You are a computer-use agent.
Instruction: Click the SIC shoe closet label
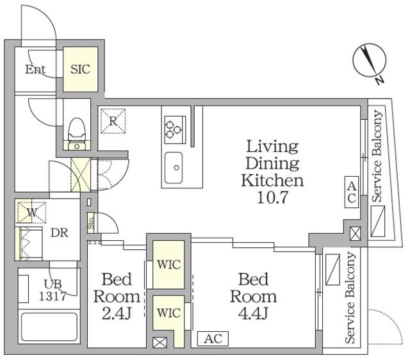(80, 69)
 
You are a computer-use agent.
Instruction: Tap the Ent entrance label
(35, 69)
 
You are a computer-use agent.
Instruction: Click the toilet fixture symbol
(77, 134)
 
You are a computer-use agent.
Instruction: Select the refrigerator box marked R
(113, 121)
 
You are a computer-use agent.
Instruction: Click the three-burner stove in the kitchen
(175, 130)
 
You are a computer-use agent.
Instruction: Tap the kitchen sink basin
(174, 168)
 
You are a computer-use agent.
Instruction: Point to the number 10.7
(272, 197)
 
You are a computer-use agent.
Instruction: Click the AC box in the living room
(352, 192)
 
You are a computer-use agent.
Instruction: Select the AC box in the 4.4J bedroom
(213, 339)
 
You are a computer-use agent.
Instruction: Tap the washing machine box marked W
(31, 211)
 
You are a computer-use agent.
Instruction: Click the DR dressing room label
(60, 233)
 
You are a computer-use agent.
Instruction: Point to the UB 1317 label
(53, 290)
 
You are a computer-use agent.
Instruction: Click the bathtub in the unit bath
(49, 327)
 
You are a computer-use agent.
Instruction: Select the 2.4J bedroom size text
(117, 314)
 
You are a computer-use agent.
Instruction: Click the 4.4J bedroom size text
(253, 313)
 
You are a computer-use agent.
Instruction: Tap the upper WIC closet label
(168, 265)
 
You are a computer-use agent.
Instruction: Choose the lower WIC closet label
(168, 313)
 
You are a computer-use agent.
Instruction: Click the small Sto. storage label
(91, 222)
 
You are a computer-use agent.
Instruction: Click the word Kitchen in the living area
(272, 181)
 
